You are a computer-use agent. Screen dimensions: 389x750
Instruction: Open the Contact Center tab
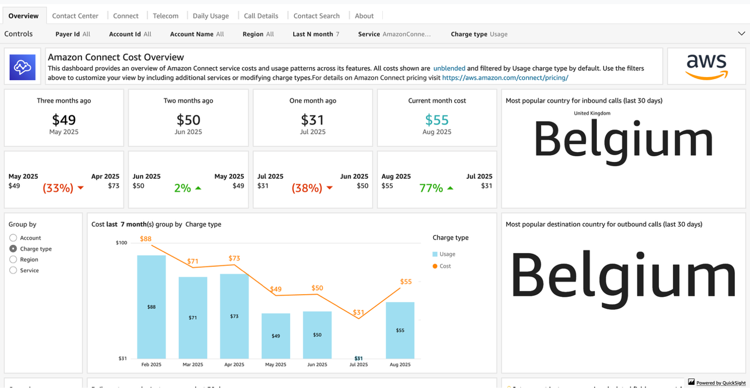pyautogui.click(x=75, y=16)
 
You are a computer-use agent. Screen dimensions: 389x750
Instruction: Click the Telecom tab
pyautogui.click(x=166, y=16)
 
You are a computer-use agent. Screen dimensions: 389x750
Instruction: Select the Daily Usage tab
pyautogui.click(x=210, y=16)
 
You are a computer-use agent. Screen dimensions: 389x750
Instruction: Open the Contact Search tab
pyautogui.click(x=316, y=16)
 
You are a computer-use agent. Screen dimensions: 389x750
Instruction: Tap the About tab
pyautogui.click(x=364, y=16)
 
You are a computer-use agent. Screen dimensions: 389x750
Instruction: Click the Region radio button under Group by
pyautogui.click(x=14, y=260)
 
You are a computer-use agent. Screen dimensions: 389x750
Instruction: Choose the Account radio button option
pyautogui.click(x=14, y=238)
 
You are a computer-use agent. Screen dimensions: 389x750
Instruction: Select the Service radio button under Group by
pyautogui.click(x=14, y=271)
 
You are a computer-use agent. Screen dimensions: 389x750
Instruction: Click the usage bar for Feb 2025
pyautogui.click(x=152, y=307)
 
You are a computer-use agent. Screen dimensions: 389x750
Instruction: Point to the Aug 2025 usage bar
pyautogui.click(x=400, y=330)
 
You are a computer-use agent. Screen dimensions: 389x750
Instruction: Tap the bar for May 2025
pyautogui.click(x=276, y=336)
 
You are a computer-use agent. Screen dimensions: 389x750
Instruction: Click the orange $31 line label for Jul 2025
pyautogui.click(x=358, y=312)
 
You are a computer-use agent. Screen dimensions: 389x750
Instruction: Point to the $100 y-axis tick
pyautogui.click(x=122, y=243)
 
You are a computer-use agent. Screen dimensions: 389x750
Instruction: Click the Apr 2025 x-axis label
pyautogui.click(x=234, y=364)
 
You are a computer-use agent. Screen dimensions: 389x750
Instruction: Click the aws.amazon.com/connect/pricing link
pyautogui.click(x=505, y=78)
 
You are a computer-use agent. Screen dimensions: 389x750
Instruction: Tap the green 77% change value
pyautogui.click(x=431, y=188)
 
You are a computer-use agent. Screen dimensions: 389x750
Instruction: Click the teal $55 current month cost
pyautogui.click(x=437, y=120)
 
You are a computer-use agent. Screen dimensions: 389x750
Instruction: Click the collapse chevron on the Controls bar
pyautogui.click(x=741, y=34)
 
